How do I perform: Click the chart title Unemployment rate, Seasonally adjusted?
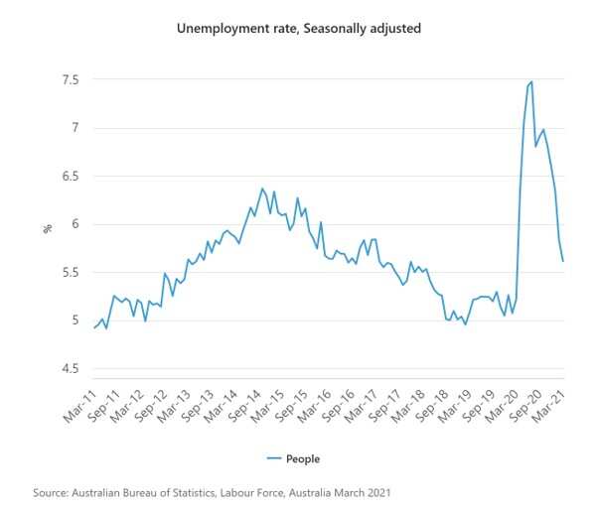pyautogui.click(x=299, y=29)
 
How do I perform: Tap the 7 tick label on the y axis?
pyautogui.click(x=75, y=128)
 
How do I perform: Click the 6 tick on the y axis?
pyautogui.click(x=75, y=224)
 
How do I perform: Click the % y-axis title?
pyautogui.click(x=47, y=227)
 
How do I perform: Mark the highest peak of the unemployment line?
pyautogui.click(x=532, y=81)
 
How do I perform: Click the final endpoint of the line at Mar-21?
pyautogui.click(x=563, y=261)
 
